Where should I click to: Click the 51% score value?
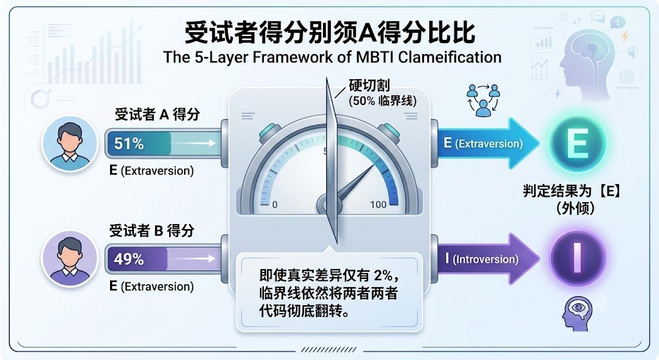[x=129, y=144]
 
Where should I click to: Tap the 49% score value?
[x=129, y=259]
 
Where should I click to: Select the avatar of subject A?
[x=70, y=144]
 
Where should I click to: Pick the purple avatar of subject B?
[x=70, y=258]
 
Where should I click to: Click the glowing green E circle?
[x=577, y=144]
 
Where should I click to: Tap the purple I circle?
[x=577, y=258]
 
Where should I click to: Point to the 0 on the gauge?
[x=274, y=205]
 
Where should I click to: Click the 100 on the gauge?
[x=378, y=204]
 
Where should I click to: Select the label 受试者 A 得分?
[x=157, y=115]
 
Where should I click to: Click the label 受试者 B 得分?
[x=152, y=231]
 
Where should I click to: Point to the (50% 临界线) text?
[x=382, y=101]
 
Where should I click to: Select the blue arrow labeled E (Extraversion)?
[x=488, y=144]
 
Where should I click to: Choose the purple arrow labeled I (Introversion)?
[x=488, y=258]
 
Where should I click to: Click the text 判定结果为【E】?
[x=572, y=191]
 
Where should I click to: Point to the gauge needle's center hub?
[x=327, y=205]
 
